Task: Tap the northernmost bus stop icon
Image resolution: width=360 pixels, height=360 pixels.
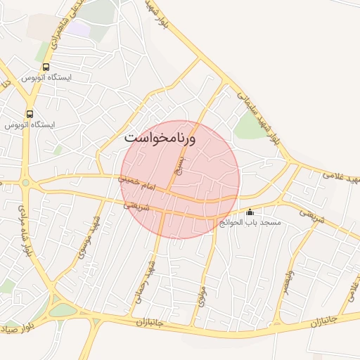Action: click(x=46, y=67)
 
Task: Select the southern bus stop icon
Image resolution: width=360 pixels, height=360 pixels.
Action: click(x=30, y=113)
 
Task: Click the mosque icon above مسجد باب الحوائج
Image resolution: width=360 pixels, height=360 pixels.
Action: click(x=250, y=212)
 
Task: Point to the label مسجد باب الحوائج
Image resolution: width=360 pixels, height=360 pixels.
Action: click(x=250, y=222)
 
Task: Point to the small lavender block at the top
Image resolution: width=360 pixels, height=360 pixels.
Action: click(x=79, y=29)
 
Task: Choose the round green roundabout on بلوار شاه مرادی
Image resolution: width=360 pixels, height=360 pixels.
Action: click(x=26, y=183)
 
